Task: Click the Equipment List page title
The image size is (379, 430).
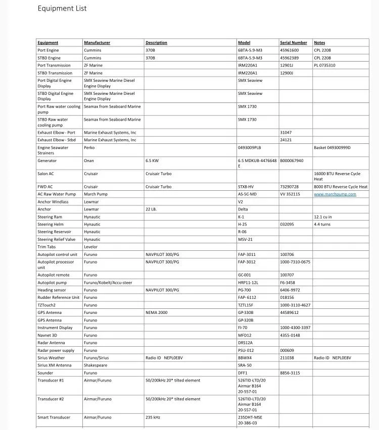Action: (62, 9)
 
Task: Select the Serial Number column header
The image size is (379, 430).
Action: (293, 43)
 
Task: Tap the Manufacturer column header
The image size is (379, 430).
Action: (97, 43)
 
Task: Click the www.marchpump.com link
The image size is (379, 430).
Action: (335, 194)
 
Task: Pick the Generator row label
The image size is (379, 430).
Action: (47, 160)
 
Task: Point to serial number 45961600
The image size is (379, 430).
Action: (290, 50)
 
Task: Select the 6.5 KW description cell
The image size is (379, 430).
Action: (152, 160)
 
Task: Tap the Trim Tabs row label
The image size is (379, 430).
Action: (46, 247)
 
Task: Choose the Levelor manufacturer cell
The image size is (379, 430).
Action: (91, 247)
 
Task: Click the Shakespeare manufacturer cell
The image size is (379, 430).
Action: (96, 365)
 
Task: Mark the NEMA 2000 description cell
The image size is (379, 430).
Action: (157, 312)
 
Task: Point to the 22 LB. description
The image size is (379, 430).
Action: (151, 209)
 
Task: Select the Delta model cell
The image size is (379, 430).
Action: (243, 209)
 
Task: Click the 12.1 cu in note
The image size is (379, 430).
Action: (323, 217)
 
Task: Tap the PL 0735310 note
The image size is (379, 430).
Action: (324, 65)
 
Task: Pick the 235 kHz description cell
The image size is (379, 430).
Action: (152, 417)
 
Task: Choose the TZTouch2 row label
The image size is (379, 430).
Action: (46, 305)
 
